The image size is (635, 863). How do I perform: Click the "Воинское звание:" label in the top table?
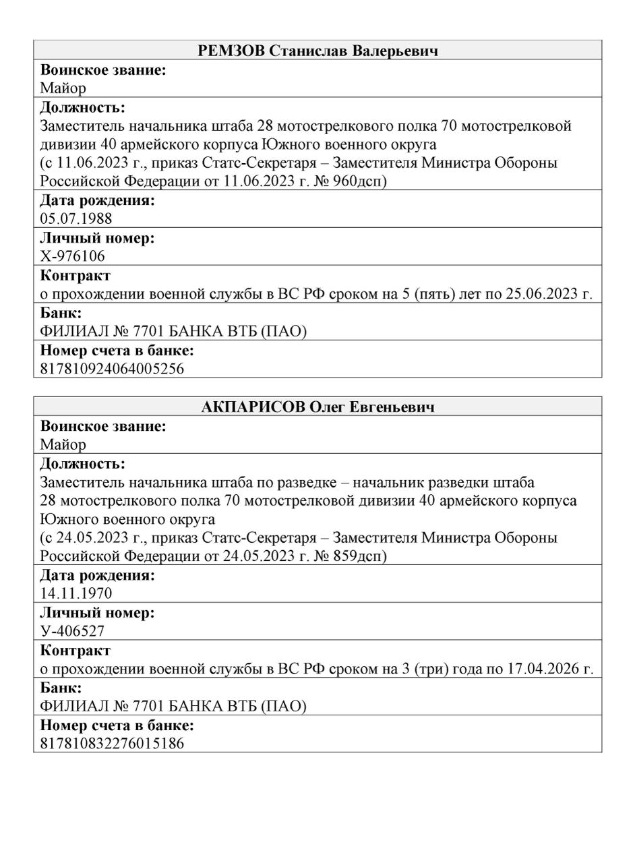103,69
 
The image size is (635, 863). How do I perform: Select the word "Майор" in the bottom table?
63,444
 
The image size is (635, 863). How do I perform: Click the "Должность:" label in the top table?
82,107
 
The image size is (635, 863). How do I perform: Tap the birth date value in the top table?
76,218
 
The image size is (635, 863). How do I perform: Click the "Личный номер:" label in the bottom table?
97,613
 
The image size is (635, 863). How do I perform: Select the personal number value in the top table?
72,256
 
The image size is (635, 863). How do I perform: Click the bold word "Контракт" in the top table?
75,275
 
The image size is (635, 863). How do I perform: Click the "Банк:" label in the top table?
61,313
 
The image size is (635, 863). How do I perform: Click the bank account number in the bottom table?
112,743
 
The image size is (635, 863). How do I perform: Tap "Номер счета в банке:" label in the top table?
117,351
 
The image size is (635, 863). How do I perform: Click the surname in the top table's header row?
231,51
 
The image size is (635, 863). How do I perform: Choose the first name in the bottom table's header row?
327,407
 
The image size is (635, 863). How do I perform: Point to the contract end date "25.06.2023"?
543,294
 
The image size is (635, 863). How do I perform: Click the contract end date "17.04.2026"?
544,669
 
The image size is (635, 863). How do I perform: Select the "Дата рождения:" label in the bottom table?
97,575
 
